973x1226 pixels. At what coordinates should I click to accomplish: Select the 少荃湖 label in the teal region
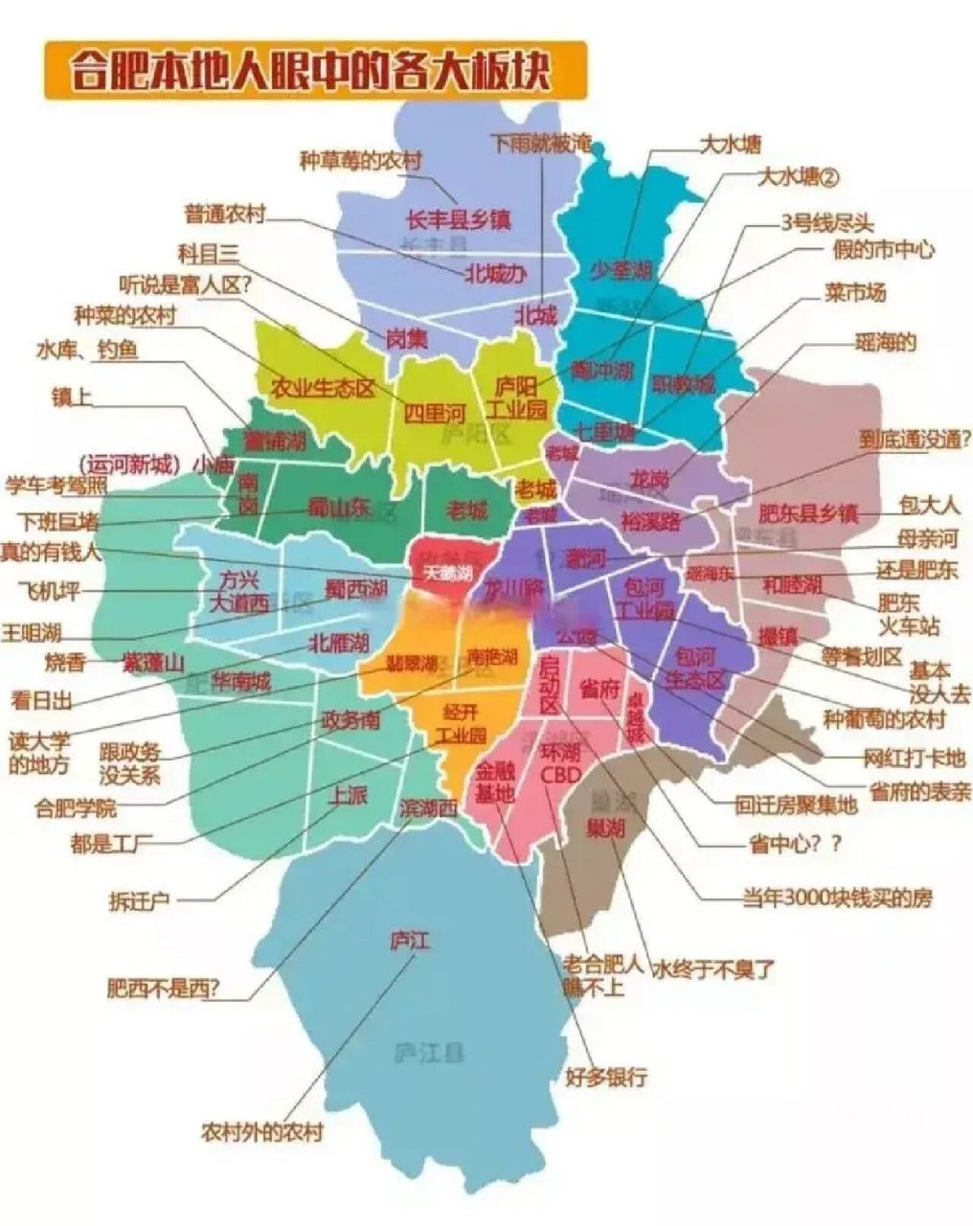coord(620,269)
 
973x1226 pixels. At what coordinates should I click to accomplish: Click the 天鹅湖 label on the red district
coord(449,574)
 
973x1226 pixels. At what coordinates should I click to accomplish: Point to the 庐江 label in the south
coord(410,942)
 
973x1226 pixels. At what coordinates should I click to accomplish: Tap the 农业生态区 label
coord(321,388)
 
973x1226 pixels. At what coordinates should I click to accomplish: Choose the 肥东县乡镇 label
coord(807,513)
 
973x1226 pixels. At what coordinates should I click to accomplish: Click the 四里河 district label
coord(434,414)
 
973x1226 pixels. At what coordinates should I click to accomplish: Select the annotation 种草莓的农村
coord(360,160)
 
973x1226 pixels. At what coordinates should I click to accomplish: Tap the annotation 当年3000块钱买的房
coord(837,898)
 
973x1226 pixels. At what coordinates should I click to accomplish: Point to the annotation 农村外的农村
coord(261,1132)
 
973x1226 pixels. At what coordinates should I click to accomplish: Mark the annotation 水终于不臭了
coord(713,969)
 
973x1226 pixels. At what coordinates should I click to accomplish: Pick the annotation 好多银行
coord(605,1076)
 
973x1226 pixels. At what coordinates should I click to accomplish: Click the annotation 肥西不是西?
coord(163,988)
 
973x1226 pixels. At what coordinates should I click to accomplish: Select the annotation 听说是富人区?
coord(185,284)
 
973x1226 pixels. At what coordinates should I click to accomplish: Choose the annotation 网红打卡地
coord(913,759)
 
